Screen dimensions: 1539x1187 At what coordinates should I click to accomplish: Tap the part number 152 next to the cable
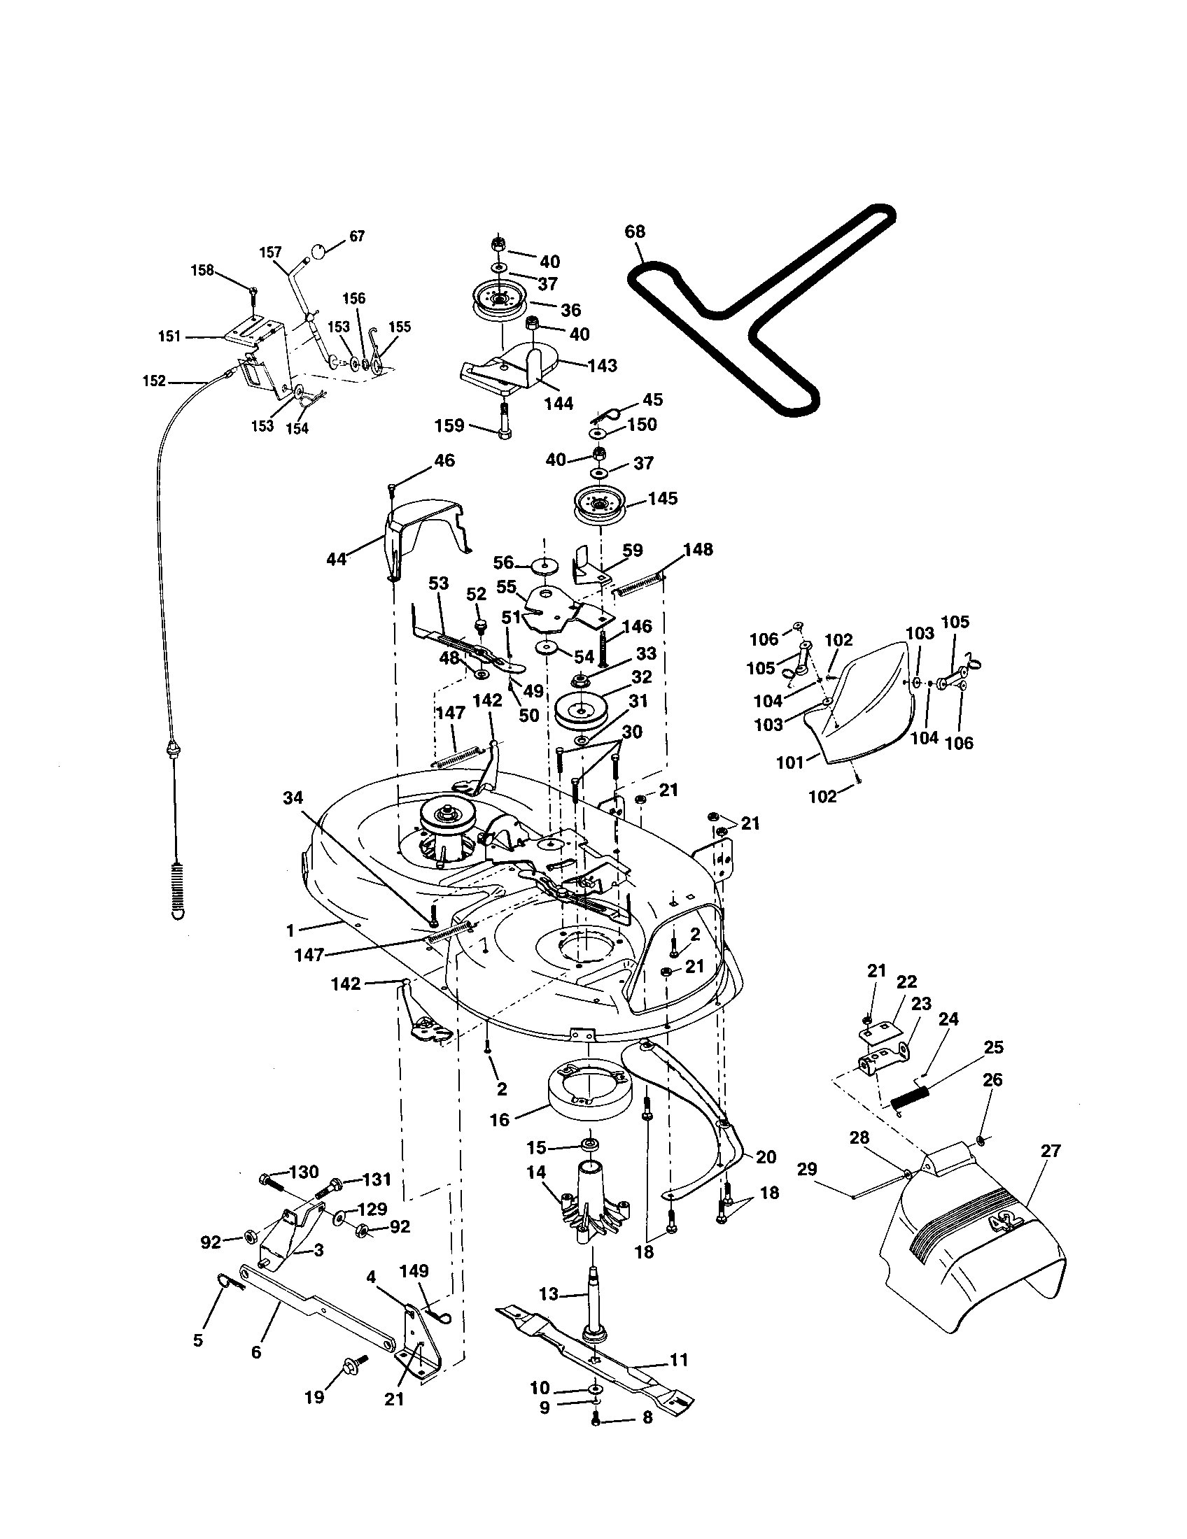pos(154,381)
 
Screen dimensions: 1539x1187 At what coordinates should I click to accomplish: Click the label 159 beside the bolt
pos(450,425)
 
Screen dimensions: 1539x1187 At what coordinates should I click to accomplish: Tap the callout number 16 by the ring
pos(499,1121)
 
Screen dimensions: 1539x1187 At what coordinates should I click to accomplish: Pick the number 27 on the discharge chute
pos(1051,1151)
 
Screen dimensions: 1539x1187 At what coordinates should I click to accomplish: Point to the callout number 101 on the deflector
pos(790,763)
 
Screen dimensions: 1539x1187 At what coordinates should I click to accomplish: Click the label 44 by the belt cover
pos(337,560)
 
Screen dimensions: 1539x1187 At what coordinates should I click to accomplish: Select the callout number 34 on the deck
pos(293,797)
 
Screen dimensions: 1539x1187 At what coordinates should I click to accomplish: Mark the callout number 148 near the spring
pos(698,549)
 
